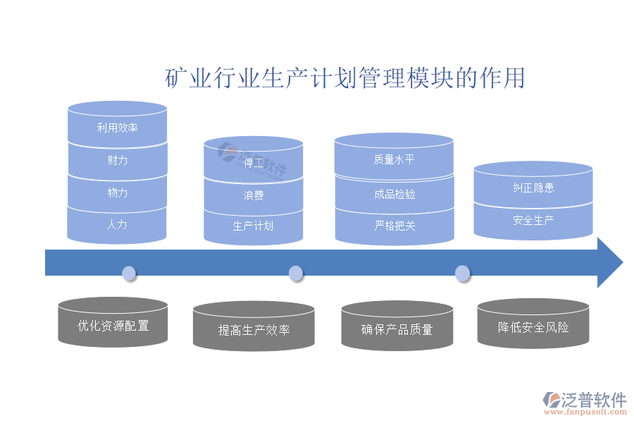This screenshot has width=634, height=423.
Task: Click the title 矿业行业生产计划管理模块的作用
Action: click(x=345, y=78)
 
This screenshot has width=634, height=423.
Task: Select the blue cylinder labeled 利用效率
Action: click(x=117, y=128)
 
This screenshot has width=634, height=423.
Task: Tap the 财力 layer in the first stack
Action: click(x=117, y=160)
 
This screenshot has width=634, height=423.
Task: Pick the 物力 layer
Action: click(x=117, y=192)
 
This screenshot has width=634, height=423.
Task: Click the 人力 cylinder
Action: click(x=117, y=225)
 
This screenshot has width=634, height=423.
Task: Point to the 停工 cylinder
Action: click(x=254, y=164)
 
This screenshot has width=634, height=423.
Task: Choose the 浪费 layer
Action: click(x=254, y=195)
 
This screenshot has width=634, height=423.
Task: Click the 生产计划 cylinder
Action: click(x=254, y=226)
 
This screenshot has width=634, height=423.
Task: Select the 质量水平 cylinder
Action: click(x=394, y=160)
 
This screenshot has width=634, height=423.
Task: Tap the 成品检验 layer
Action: click(x=394, y=193)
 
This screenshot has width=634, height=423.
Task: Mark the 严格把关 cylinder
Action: click(x=394, y=226)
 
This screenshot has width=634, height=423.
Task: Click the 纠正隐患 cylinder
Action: click(x=533, y=188)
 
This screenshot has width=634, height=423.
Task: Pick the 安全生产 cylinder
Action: click(x=533, y=221)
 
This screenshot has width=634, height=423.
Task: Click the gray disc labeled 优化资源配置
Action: click(x=113, y=326)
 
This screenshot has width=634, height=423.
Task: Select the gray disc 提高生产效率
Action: click(x=254, y=329)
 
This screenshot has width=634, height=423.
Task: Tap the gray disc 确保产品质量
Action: click(x=397, y=329)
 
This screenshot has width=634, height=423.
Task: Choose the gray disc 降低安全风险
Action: click(x=533, y=327)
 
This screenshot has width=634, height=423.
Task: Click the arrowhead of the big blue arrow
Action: click(x=609, y=263)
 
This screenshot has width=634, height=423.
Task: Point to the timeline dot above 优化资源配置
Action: click(x=129, y=274)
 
